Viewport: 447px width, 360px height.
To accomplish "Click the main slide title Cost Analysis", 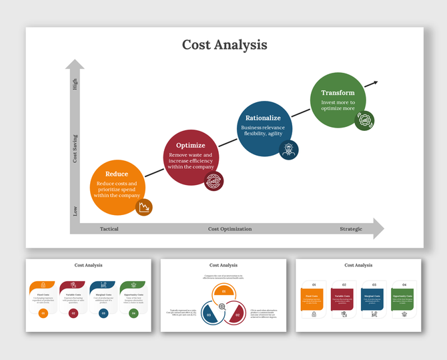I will (224, 45).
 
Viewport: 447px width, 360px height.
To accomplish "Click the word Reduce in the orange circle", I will (117, 174).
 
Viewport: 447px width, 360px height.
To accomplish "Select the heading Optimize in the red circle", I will (190, 145).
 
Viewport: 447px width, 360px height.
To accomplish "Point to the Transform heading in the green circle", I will (338, 93).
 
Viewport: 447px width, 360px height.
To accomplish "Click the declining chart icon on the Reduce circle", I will (143, 208).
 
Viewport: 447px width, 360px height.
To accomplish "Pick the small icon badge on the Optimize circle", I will (214, 180).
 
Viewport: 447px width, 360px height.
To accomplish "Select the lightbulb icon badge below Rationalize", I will (288, 150).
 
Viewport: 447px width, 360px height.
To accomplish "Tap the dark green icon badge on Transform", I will (364, 121).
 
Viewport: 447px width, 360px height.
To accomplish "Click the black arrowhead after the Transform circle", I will (375, 83).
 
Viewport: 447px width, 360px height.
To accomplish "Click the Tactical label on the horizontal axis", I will (109, 229).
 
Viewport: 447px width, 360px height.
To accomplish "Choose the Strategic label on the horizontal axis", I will (351, 229).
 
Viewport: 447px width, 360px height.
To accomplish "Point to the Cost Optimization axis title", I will (230, 229).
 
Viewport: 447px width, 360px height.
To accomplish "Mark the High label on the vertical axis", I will (75, 85).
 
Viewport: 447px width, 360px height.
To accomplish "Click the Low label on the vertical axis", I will (75, 210).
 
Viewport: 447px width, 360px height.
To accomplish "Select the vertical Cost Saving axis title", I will (75, 148).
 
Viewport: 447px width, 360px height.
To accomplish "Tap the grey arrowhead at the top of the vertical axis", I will (75, 65).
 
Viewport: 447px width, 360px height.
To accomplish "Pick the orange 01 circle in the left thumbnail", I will (43, 313).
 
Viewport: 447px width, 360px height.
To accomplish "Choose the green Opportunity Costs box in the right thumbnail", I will (402, 298).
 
